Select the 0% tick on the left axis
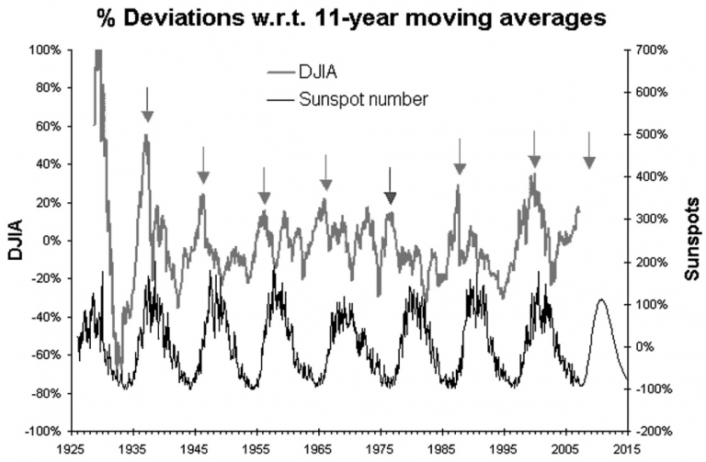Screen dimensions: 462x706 click(48, 241)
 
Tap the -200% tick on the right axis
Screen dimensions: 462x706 click(649, 431)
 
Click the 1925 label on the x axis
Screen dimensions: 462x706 click(73, 449)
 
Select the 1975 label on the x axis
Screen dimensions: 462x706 click(381, 449)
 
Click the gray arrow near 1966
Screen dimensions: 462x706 click(325, 174)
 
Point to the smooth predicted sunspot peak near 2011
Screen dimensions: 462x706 click(602, 300)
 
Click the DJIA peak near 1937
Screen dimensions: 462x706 click(145, 135)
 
